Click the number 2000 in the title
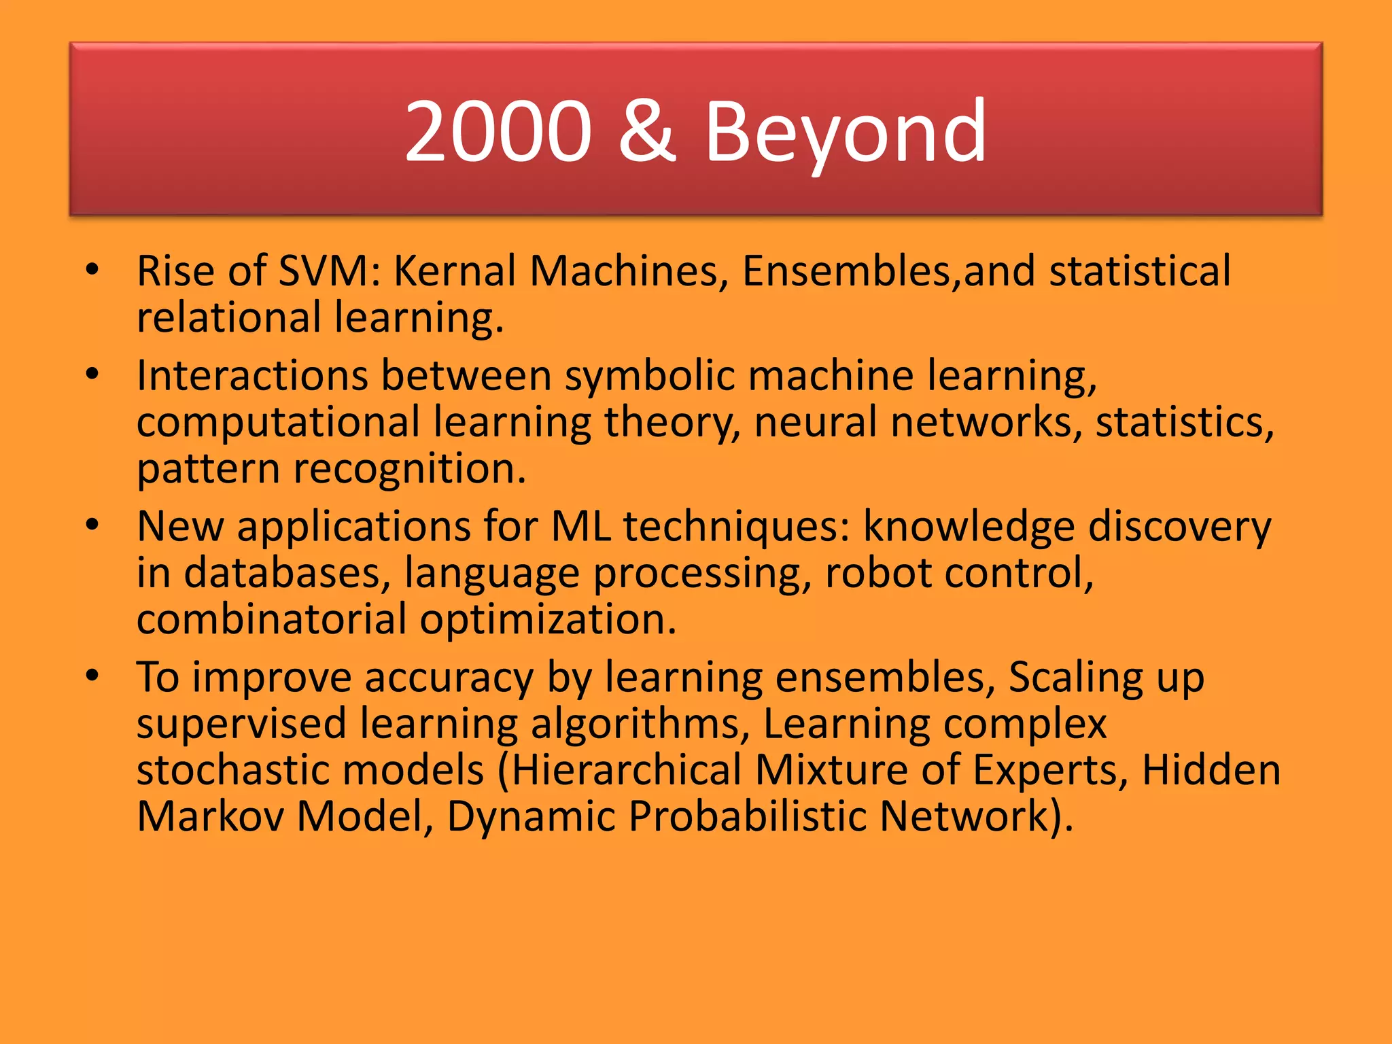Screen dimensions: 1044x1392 (498, 130)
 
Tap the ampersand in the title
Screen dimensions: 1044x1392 (647, 130)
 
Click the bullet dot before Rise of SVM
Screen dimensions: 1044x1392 (92, 271)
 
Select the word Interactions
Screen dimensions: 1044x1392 (251, 375)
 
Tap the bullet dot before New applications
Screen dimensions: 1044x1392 (92, 525)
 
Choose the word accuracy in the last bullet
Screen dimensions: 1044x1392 (449, 677)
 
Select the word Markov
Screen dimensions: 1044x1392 (210, 816)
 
